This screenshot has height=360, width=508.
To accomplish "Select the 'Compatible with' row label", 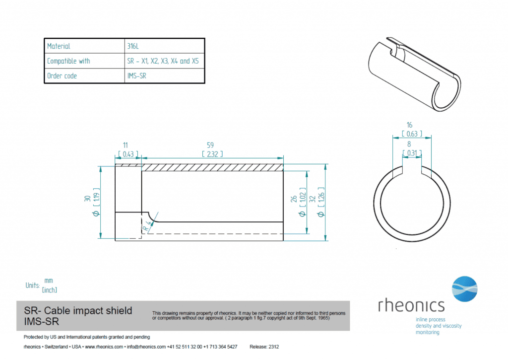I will (x=68, y=61).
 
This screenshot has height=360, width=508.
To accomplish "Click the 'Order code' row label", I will (x=62, y=76).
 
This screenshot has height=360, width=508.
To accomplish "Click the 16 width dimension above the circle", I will (x=409, y=125).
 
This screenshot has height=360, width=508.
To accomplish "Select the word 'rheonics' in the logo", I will (x=411, y=304).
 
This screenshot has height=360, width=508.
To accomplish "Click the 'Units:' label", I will (x=33, y=286).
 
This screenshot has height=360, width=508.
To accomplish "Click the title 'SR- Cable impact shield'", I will (x=78, y=311).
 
